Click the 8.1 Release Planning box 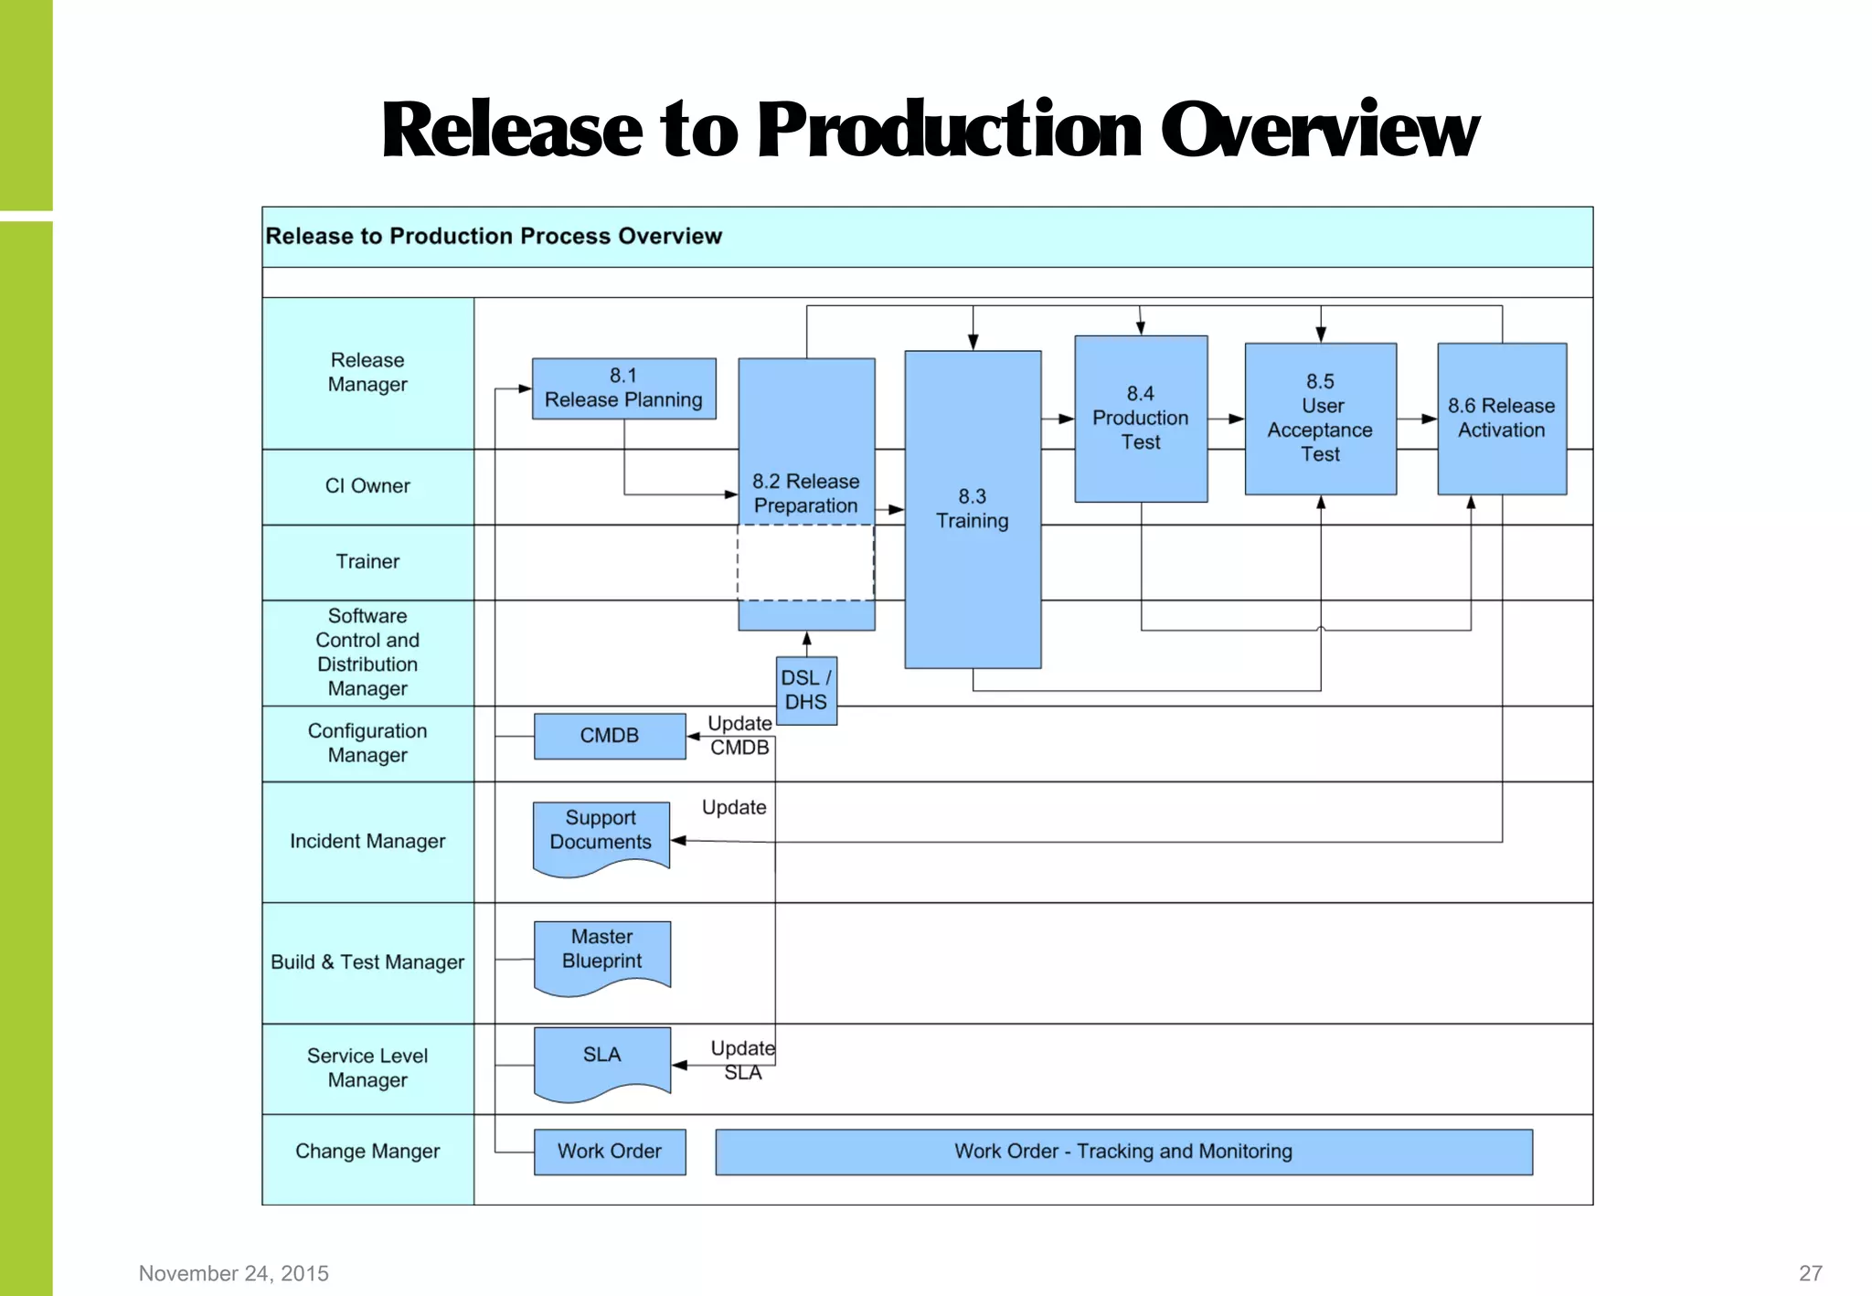pyautogui.click(x=623, y=388)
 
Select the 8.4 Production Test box pyautogui.click(x=1141, y=419)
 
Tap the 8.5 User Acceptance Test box pyautogui.click(x=1320, y=419)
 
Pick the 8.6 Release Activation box pyautogui.click(x=1501, y=419)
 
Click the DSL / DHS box pyautogui.click(x=805, y=690)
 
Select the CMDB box pyautogui.click(x=609, y=736)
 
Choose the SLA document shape pyautogui.click(x=601, y=1057)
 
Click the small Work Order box pyautogui.click(x=609, y=1152)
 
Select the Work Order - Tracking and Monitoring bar pyautogui.click(x=1122, y=1152)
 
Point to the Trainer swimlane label pyautogui.click(x=367, y=562)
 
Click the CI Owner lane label pyautogui.click(x=367, y=486)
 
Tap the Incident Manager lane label pyautogui.click(x=367, y=841)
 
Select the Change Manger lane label pyautogui.click(x=367, y=1152)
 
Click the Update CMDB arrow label pyautogui.click(x=739, y=736)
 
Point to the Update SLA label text pyautogui.click(x=742, y=1060)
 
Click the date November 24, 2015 pyautogui.click(x=233, y=1273)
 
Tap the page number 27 pyautogui.click(x=1810, y=1273)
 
